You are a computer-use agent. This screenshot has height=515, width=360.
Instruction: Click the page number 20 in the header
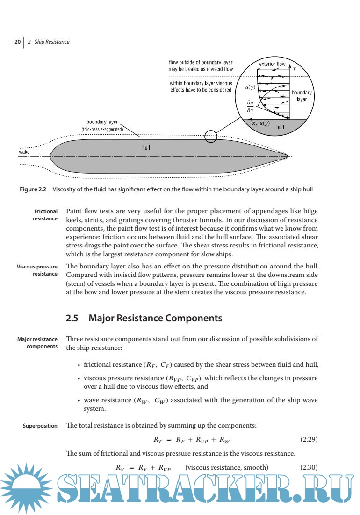coord(17,42)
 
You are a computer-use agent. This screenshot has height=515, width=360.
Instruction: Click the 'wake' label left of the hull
coord(24,152)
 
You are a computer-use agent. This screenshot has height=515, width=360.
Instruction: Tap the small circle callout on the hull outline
coord(211,136)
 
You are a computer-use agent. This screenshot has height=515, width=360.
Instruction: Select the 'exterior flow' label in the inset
coord(272,64)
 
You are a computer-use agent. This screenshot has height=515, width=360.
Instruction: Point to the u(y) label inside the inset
coord(250,87)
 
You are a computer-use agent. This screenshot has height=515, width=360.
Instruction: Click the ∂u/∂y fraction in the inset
coord(251,107)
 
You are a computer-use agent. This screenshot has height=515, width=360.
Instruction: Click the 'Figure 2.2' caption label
coord(36,189)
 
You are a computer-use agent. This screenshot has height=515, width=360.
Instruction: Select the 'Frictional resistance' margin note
coord(45,215)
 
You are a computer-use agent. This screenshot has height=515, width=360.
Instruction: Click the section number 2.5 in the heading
coord(72,319)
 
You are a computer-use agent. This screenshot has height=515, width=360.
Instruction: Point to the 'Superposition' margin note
coord(40,426)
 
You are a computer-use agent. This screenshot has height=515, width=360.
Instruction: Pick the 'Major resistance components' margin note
coord(37,342)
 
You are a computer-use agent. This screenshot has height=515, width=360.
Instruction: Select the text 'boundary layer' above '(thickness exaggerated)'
coord(102,123)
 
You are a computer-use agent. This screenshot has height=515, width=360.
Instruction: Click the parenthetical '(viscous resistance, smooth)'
coord(227,467)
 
